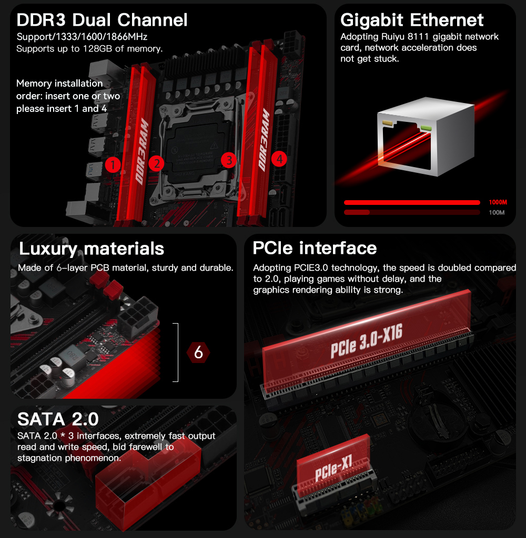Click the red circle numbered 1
[113, 165]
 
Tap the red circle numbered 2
[156, 163]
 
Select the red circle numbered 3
[229, 160]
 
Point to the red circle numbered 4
[279, 159]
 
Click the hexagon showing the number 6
[198, 353]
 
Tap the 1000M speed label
[498, 202]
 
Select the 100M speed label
[497, 213]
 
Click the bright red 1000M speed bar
[412, 202]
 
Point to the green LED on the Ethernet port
[426, 128]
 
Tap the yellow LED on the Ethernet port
[387, 122]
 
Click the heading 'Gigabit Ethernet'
[412, 20]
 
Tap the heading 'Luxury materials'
[92, 249]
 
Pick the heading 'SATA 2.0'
[58, 419]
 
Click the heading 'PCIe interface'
[315, 248]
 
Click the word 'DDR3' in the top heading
[41, 20]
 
